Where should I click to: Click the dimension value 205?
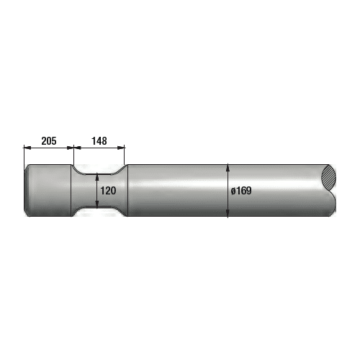pyautogui.click(x=49, y=141)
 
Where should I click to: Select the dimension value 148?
pyautogui.click(x=99, y=141)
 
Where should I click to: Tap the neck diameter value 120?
pyautogui.click(x=108, y=191)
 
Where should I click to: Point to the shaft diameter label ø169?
pyautogui.click(x=241, y=191)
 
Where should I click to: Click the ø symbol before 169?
pyautogui.click(x=233, y=191)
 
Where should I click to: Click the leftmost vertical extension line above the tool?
pyautogui.click(x=24, y=155)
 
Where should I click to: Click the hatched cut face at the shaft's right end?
pyautogui.click(x=330, y=178)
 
